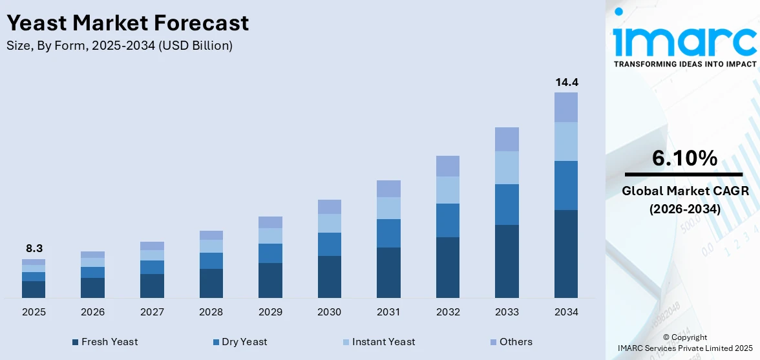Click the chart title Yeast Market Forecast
click(127, 23)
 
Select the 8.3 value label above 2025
click(34, 248)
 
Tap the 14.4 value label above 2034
click(566, 82)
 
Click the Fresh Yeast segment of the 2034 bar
click(566, 253)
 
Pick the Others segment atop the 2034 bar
click(566, 107)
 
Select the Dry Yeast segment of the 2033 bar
click(507, 204)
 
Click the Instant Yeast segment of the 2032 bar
click(448, 190)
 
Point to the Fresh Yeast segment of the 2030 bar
click(330, 277)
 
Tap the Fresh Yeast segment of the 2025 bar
click(34, 289)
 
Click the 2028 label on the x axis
click(211, 312)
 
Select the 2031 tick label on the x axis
click(388, 312)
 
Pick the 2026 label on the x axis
click(93, 312)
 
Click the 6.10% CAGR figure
click(684, 158)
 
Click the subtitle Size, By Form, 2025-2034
click(120, 46)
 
